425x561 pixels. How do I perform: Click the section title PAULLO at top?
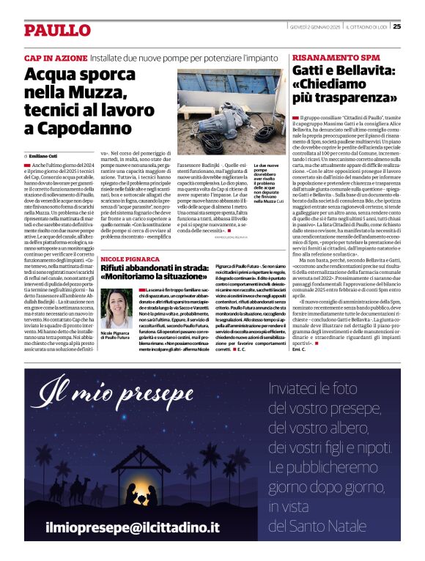(x=57, y=30)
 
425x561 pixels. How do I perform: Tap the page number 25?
(x=396, y=26)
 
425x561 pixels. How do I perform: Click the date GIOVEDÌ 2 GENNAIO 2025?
(x=315, y=27)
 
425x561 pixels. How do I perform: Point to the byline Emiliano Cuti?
(x=44, y=156)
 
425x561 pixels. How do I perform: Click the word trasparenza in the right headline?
(x=352, y=97)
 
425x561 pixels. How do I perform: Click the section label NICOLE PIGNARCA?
(x=130, y=239)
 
